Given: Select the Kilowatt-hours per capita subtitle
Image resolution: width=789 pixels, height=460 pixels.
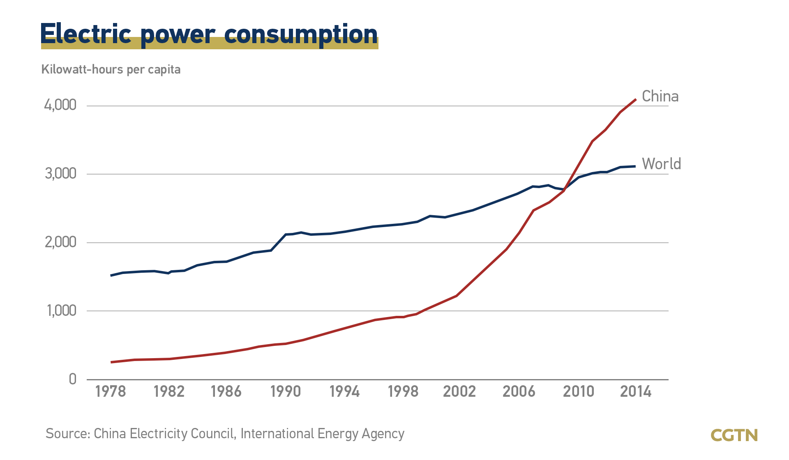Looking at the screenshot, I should coord(111,69).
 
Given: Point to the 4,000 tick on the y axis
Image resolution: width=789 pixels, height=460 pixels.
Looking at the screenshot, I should coord(60,105).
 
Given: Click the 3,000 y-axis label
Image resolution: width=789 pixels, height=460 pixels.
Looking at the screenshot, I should coord(60,174).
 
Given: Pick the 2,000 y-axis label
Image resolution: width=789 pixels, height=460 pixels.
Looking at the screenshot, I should coord(60,242).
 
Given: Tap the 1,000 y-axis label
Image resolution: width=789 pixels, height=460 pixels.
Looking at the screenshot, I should coord(61,311).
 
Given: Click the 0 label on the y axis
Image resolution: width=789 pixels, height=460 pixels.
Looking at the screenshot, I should coord(73,379).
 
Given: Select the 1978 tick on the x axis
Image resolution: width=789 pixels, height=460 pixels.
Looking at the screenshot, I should coord(111,392).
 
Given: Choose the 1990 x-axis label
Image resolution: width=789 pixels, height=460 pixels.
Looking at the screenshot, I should coord(286,392).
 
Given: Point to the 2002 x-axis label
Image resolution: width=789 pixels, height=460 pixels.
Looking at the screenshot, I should coord(459,392).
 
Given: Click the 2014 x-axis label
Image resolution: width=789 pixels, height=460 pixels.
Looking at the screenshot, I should coord(636,392).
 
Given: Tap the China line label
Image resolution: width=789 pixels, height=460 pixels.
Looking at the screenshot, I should coord(660,97).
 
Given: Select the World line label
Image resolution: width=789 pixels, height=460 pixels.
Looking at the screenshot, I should coord(661,164).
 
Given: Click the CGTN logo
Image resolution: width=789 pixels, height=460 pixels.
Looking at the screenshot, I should coord(734,435).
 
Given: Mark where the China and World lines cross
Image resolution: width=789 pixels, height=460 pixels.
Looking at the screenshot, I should coord(564,190).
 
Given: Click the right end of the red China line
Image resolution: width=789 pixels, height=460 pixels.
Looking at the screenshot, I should coord(636,99).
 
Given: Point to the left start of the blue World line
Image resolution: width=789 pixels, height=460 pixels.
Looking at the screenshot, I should coord(111,275).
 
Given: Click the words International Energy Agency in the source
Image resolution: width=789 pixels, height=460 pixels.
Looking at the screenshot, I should coord(323,434).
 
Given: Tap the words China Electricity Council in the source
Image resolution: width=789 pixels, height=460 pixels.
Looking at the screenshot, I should coord(164,434).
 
